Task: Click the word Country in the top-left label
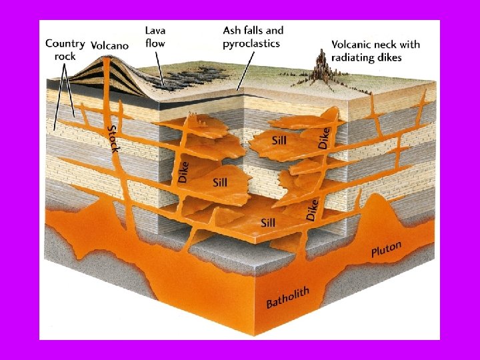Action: coord(65,44)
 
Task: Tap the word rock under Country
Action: coord(65,56)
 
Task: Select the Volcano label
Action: coord(110,45)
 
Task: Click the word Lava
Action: coord(156,30)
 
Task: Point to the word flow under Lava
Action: coord(155,43)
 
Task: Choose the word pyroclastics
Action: coord(251,43)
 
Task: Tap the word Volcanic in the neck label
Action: coord(354,44)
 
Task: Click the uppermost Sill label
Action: coord(280,141)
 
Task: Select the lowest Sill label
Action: coord(269,222)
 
